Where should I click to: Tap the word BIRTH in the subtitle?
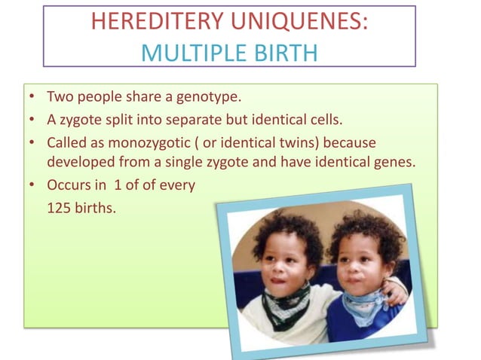[x=286, y=53]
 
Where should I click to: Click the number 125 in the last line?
[x=60, y=207]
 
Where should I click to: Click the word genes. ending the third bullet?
[x=394, y=161]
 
